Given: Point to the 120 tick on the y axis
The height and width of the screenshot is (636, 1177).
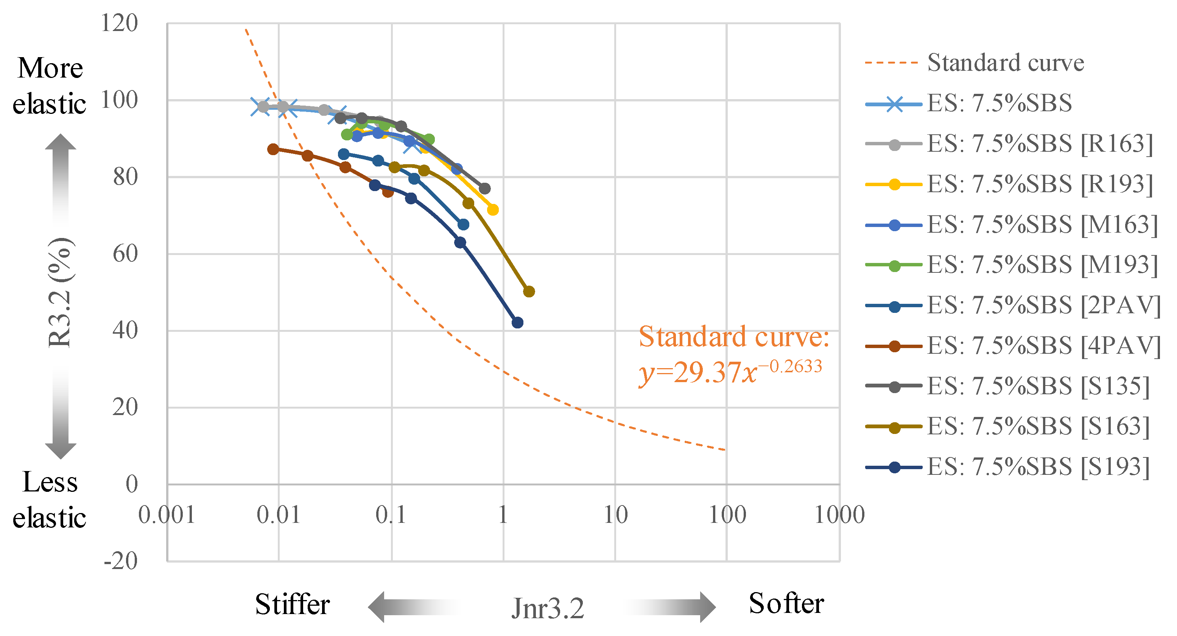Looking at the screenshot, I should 119,23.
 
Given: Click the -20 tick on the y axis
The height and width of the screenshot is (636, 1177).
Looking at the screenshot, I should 121,561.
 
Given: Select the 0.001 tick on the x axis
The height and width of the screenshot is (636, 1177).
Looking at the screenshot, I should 167,515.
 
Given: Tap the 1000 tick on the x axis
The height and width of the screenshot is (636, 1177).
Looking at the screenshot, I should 840,515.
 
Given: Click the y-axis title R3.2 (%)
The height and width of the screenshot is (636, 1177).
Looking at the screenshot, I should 60,292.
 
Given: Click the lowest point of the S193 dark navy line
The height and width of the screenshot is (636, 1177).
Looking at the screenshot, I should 517,323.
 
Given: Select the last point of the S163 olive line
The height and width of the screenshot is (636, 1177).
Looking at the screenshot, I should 529,291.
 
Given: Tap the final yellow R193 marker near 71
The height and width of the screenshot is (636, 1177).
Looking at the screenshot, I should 492,210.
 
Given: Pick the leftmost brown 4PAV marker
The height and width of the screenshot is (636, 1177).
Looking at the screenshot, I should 273,149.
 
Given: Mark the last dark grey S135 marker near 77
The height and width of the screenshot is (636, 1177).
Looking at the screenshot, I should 485,188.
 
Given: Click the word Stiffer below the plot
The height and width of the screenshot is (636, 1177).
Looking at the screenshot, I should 293,605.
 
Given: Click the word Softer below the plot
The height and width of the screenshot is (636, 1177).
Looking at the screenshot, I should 786,603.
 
